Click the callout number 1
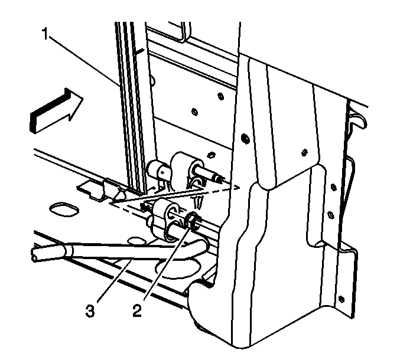pos(45,34)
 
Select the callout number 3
pos(90,311)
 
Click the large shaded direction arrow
pos(56,111)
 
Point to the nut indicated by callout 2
pos(194,220)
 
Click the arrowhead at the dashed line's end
pos(237,188)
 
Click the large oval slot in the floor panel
pos(63,209)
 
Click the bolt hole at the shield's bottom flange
pos(341,299)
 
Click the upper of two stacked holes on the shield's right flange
pos(333,186)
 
